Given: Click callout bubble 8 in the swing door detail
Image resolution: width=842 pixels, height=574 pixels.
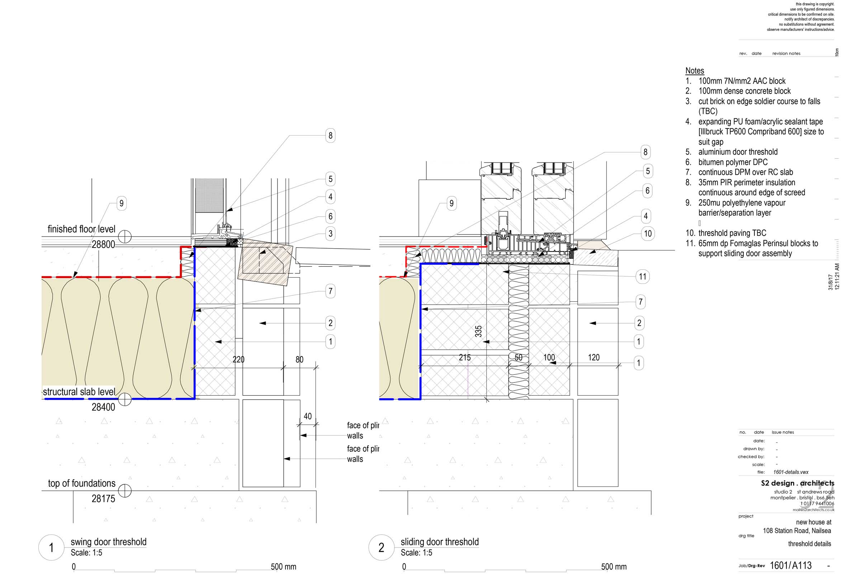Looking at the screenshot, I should tap(330, 136).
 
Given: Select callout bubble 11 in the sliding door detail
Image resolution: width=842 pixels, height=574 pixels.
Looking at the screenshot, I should tap(642, 277).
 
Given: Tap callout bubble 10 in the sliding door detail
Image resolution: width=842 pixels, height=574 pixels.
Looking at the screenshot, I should tap(647, 234).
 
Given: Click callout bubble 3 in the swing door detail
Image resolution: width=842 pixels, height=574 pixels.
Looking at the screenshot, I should tap(330, 234).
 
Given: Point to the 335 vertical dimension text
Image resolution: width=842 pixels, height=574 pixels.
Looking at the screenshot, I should tap(478, 331).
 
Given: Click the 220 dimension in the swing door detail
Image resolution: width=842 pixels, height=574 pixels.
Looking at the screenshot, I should tap(238, 359).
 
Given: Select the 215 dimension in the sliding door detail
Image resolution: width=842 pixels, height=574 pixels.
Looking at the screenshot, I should tap(464, 358).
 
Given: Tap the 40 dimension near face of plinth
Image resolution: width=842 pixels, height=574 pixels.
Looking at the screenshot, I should tap(308, 416).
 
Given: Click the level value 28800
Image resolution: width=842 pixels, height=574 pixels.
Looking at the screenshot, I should tap(103, 245).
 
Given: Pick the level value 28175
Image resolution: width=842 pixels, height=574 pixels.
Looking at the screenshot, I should tap(103, 499).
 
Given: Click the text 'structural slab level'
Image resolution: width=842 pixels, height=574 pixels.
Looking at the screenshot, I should tap(79, 392).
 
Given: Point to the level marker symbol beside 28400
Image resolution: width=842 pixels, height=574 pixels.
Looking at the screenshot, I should tap(125, 399).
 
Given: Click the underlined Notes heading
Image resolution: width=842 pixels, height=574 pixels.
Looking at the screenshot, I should tap(694, 71).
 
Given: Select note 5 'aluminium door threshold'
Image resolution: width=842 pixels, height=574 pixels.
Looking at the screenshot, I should tap(738, 152).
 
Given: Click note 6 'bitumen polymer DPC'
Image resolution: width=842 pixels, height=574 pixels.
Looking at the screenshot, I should tap(733, 162).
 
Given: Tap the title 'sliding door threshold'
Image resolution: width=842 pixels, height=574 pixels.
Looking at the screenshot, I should tap(440, 542).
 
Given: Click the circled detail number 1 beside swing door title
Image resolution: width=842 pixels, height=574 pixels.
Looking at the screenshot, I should tap(51, 547).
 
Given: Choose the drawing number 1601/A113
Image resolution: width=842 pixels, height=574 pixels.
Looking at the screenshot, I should tap(790, 565).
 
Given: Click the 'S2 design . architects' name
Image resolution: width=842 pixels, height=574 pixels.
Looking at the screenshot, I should tap(797, 483).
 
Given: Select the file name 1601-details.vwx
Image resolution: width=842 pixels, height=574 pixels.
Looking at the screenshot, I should tap(791, 472).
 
